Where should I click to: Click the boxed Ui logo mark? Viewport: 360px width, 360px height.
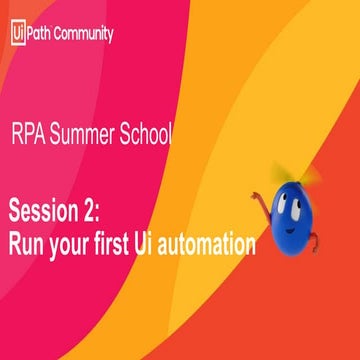pos(17,33)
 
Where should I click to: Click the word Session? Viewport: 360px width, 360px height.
pos(48,211)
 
